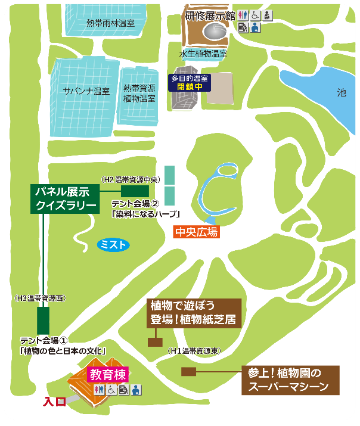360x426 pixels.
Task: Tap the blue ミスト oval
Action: point(113,244)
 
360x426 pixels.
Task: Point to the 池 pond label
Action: point(341,92)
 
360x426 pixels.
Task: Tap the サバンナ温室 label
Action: point(86,91)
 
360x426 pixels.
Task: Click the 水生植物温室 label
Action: point(203,53)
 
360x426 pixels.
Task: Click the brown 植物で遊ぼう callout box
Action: point(194,313)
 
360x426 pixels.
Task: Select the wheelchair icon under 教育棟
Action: point(111,390)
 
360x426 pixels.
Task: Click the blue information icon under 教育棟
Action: point(136,390)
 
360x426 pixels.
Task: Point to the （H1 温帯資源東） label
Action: point(194,351)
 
